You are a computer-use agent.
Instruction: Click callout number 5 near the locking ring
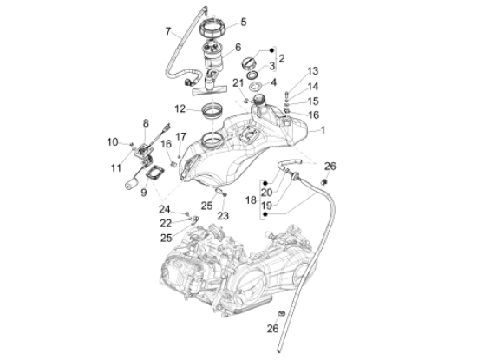pos(243,22)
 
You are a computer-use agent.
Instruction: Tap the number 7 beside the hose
pos(168,32)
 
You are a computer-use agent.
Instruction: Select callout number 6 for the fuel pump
pos(237,49)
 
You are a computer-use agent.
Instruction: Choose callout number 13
pos(313,70)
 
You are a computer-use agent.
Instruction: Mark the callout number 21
pos(237,82)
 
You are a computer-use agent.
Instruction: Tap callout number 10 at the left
pos(112,141)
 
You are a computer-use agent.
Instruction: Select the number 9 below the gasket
pos(144,193)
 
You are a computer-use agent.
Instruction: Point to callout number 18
pos(250,200)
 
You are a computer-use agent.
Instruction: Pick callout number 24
pos(165,208)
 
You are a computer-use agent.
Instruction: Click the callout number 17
pos(181,137)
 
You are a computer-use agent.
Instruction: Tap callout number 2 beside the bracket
pos(281,58)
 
